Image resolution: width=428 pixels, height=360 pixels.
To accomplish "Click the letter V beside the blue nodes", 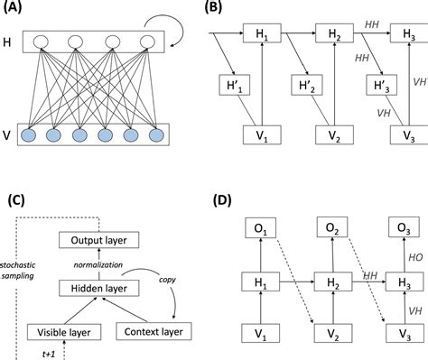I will pyautogui.click(x=8, y=135).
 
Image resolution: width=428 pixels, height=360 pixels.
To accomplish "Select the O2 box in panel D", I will pyautogui.click(x=331, y=226).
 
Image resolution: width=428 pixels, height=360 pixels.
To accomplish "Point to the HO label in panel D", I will pyautogui.click(x=414, y=255).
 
